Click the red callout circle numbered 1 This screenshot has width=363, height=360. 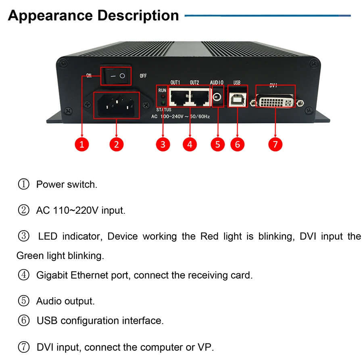pos(82,144)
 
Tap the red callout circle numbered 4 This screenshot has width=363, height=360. pos(190,144)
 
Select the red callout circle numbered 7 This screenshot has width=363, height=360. pos(275,144)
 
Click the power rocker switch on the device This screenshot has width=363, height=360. pos(117,75)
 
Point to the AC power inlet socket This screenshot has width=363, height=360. pos(117,105)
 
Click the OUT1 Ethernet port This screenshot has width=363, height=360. pos(179,97)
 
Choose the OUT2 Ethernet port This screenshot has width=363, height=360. pos(200,97)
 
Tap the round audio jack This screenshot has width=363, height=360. pos(217,97)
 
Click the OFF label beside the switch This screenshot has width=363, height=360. pos(143,76)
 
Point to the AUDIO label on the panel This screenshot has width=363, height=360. pos(217,83)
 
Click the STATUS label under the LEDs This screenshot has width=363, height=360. pos(163,110)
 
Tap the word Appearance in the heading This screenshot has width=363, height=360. pos(51,16)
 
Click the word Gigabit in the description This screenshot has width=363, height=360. pos(52,275)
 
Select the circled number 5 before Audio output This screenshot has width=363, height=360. pos(24,301)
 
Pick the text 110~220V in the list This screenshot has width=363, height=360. pos(76,210)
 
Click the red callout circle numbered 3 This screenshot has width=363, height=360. pos(163,144)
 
